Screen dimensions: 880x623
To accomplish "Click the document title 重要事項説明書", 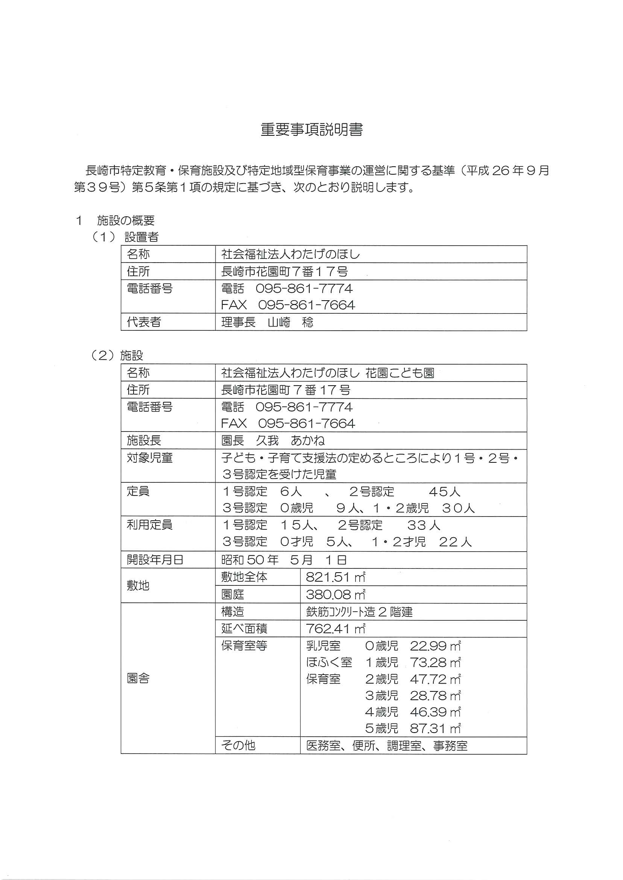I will [x=311, y=130].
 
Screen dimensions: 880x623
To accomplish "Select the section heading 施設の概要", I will [x=125, y=220].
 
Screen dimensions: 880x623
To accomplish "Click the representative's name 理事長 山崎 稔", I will [x=267, y=322].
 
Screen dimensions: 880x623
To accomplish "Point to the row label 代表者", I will [x=144, y=322].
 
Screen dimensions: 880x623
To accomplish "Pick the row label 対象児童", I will [x=150, y=457].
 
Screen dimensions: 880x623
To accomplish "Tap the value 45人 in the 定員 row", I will [x=444, y=491].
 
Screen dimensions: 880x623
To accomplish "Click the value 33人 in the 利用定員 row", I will [x=424, y=525].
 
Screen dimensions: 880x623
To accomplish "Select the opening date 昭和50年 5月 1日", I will [x=284, y=560].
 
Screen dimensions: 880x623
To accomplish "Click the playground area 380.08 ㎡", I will [x=335, y=594].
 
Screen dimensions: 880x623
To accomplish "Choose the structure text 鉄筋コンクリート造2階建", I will [x=359, y=611].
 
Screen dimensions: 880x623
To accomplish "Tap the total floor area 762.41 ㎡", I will [x=335, y=628].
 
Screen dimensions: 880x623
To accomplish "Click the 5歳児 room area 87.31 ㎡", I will [x=435, y=728].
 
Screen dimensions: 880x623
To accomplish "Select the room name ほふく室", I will [x=329, y=662].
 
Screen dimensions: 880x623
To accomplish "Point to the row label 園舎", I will [x=138, y=679].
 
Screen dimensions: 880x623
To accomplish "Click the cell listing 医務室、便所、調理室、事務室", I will [x=387, y=745].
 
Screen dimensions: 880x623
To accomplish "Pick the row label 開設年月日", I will [x=155, y=560].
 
